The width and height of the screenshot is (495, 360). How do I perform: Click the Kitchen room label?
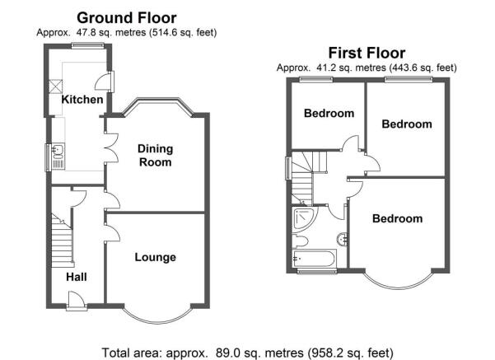point(82,100)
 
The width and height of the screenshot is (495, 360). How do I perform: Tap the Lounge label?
point(156,257)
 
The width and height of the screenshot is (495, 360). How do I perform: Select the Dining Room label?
point(156,156)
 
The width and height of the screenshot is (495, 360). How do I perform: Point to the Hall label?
point(77,277)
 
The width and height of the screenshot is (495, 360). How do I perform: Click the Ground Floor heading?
point(127,17)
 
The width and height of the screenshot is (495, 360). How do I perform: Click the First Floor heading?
point(367,53)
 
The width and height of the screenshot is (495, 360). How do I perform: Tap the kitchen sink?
point(58,156)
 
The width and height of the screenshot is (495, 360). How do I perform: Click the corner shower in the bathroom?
point(304,218)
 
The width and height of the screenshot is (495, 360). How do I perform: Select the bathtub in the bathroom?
point(314,259)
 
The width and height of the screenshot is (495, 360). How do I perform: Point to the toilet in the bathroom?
point(300,241)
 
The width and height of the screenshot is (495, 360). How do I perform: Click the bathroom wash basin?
point(342,239)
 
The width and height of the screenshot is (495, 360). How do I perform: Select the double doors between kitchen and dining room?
point(111,147)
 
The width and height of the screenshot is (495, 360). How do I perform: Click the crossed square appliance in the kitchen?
point(56,86)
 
